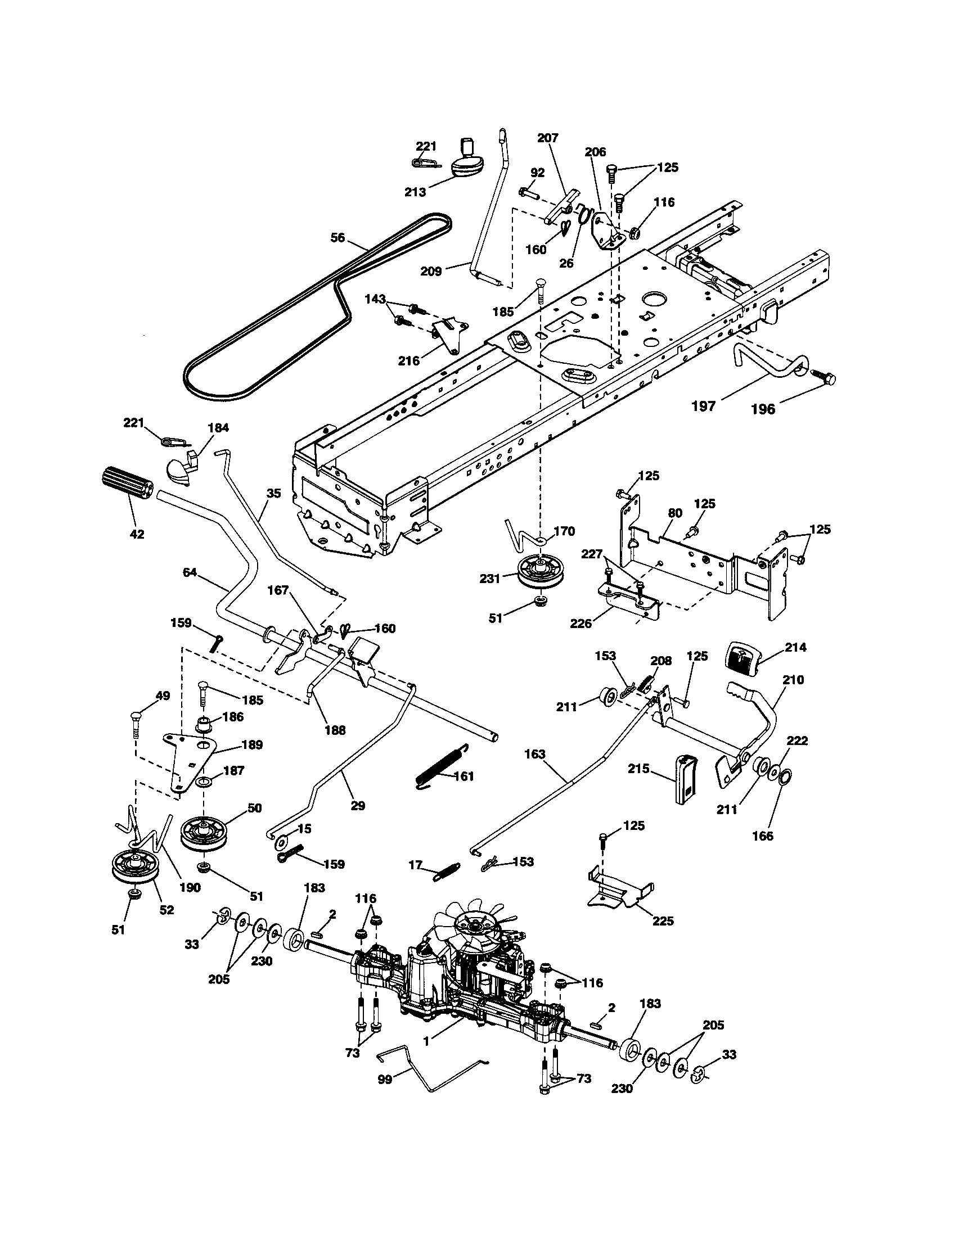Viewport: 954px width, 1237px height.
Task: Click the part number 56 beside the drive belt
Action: pos(337,238)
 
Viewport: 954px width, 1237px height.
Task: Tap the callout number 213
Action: pos(415,192)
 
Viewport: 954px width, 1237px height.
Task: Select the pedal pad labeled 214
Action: pos(741,658)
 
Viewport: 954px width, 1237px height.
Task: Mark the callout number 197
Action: pos(704,405)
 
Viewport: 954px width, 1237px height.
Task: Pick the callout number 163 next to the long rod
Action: pos(534,754)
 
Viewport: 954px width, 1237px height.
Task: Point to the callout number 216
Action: pos(408,361)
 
